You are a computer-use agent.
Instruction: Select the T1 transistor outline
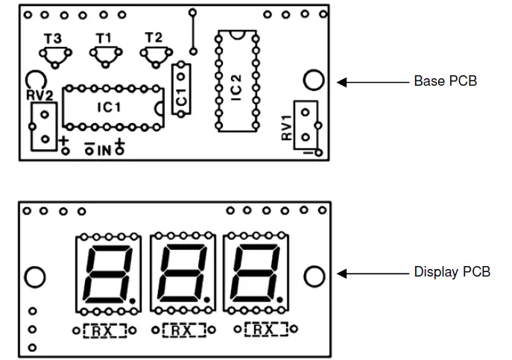click(x=104, y=54)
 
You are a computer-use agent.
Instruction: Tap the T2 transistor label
click(x=154, y=37)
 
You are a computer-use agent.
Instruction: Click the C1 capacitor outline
click(x=180, y=89)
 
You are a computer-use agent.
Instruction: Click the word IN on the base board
click(x=104, y=151)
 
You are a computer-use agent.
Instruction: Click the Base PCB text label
click(x=445, y=81)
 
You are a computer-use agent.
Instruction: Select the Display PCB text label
click(x=452, y=272)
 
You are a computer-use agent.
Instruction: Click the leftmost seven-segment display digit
click(x=109, y=272)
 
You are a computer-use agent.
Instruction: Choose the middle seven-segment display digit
click(x=182, y=272)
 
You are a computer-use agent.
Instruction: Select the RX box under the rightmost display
click(x=266, y=329)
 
